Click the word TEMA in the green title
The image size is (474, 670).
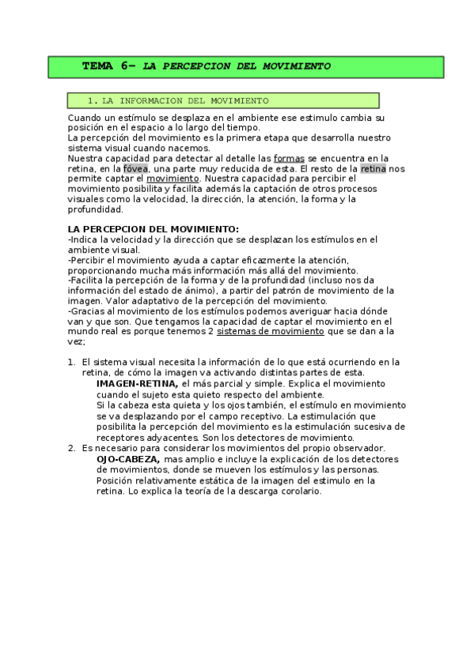98,66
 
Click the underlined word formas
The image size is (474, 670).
289,159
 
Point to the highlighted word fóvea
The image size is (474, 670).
135,169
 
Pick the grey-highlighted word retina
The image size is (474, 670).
374,169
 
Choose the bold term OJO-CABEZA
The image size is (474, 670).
128,459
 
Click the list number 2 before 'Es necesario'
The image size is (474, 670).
71,449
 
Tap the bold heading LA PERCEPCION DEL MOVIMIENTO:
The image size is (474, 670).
154,229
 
